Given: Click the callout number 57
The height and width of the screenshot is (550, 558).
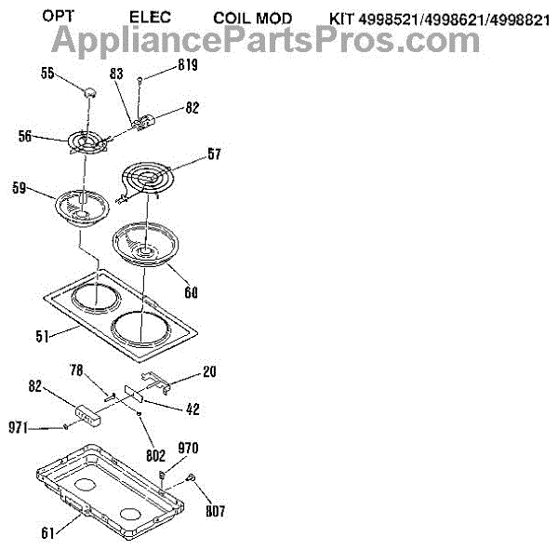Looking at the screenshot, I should (215, 156).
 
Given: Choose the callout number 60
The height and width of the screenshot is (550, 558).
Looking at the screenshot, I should (191, 292).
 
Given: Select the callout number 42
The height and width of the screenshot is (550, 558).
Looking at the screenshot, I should (193, 408).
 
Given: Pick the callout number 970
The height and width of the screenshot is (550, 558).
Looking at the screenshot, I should (187, 449).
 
